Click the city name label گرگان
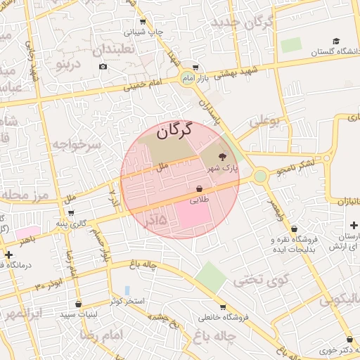tap(172, 130)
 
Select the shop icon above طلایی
tap(200, 189)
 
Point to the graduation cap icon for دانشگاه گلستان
tap(336, 41)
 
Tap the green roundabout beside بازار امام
tap(188, 77)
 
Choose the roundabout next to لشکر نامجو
tap(261, 176)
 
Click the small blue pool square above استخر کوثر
tap(127, 290)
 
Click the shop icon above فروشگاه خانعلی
tap(223, 307)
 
